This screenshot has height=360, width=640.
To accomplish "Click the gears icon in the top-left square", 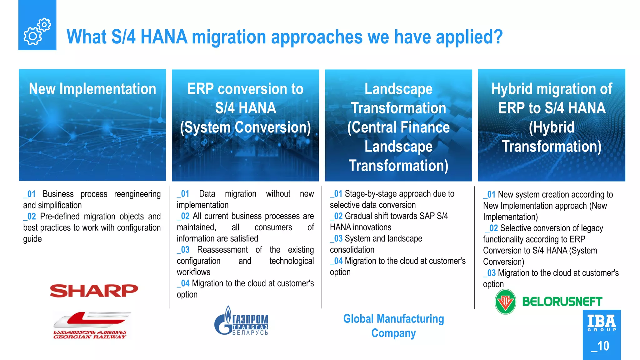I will pyautogui.click(x=37, y=31).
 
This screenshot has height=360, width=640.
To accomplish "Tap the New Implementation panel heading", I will pyautogui.click(x=92, y=89).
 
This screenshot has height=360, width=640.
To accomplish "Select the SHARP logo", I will pyautogui.click(x=94, y=291).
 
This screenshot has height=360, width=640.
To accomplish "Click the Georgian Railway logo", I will pyautogui.click(x=91, y=325).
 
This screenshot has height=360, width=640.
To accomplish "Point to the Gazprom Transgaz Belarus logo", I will pyautogui.click(x=241, y=321).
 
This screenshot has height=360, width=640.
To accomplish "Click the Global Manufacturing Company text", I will pyautogui.click(x=393, y=326).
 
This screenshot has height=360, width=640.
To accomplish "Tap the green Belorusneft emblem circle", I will pyautogui.click(x=505, y=302).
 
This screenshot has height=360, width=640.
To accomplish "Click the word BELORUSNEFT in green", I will pyautogui.click(x=562, y=302).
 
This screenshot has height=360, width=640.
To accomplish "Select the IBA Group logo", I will pyautogui.click(x=602, y=323).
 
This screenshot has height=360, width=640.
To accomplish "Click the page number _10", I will pyautogui.click(x=600, y=346).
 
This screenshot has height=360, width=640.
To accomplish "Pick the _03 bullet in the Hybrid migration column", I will pyautogui.click(x=490, y=273).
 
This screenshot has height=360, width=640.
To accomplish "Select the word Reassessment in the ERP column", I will pyautogui.click(x=222, y=250).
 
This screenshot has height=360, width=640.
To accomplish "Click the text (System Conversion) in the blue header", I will pyautogui.click(x=245, y=127).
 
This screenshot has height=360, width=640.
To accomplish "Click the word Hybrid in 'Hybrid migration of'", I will pyautogui.click(x=511, y=89).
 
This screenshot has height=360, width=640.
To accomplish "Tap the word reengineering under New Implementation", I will pyautogui.click(x=137, y=194).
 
